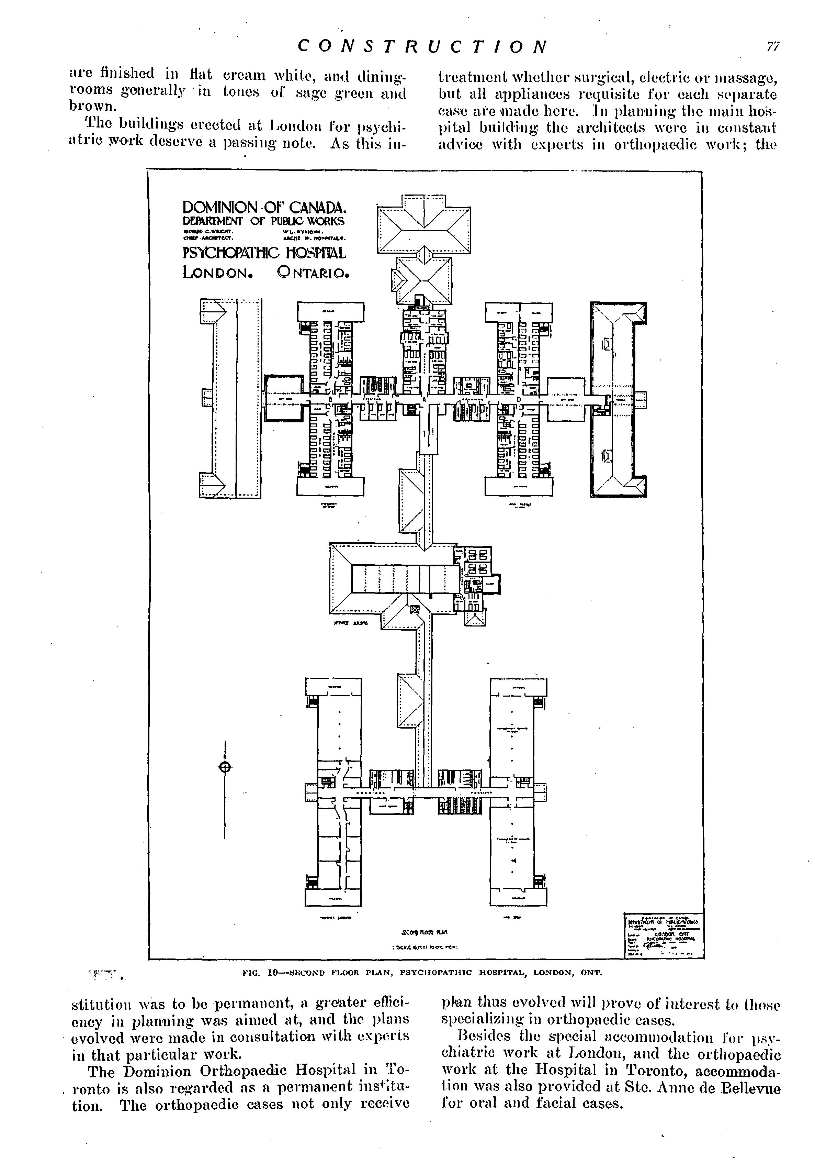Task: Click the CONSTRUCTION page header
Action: click(x=422, y=47)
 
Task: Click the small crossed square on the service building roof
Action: click(x=414, y=609)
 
